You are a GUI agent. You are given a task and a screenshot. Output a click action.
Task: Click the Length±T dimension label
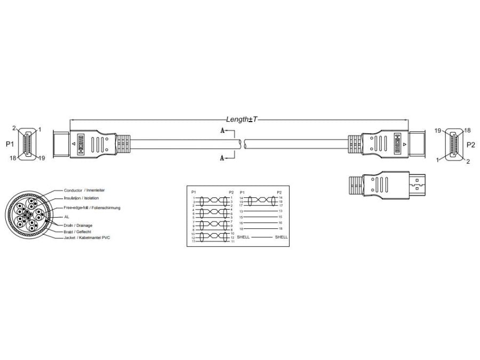click(242, 119)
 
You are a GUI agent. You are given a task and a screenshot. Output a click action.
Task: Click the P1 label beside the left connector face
click(10, 144)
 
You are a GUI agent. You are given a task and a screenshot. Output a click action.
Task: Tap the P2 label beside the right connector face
click(471, 144)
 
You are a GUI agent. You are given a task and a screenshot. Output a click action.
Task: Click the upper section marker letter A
click(222, 130)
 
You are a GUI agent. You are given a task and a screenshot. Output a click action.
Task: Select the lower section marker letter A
click(222, 157)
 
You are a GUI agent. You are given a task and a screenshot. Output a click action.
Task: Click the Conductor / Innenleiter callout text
click(84, 190)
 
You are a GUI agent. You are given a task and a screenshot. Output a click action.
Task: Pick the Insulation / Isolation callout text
click(81, 198)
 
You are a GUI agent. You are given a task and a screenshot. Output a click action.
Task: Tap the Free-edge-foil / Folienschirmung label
click(92, 207)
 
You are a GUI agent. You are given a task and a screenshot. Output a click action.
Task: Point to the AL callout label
click(67, 217)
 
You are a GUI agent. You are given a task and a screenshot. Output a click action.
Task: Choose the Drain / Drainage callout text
click(78, 225)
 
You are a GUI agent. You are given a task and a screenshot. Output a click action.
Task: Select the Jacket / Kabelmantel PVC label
click(86, 238)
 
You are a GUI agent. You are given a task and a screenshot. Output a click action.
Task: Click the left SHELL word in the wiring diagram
click(243, 236)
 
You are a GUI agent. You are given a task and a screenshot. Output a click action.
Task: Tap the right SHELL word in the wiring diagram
click(281, 236)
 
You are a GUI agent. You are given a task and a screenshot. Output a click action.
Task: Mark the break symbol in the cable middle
click(242, 144)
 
